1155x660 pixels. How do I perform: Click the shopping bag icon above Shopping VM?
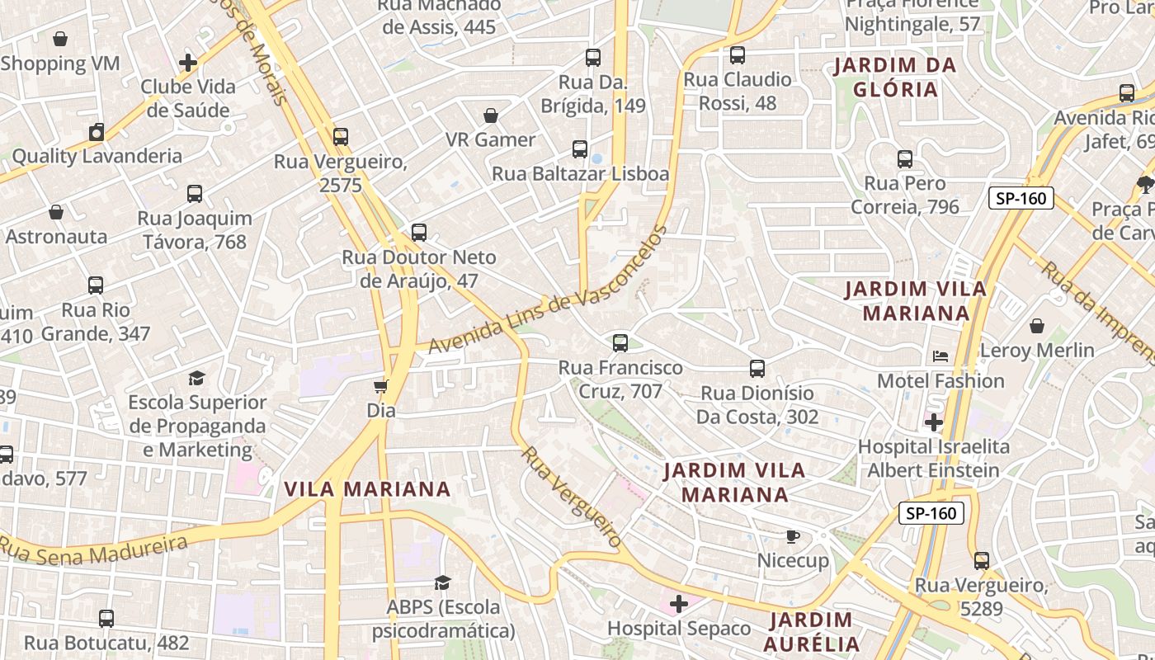coord(60,39)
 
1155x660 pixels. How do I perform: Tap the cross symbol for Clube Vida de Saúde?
coord(188,63)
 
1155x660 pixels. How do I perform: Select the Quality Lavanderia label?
coord(97,156)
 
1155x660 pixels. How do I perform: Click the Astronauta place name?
coord(56,237)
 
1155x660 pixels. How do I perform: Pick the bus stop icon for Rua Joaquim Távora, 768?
coord(195,194)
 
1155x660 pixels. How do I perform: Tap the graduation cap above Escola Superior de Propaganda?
coord(196,378)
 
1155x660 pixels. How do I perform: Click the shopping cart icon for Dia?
coord(381,386)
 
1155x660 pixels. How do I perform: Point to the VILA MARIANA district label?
coord(367,489)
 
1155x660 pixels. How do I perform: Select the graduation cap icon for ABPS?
coord(443,583)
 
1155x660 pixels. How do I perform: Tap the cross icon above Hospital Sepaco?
coord(679,605)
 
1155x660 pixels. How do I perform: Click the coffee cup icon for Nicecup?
coord(792,537)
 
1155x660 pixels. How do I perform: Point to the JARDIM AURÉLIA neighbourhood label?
coord(811,632)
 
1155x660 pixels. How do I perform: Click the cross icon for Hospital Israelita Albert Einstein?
coord(934,423)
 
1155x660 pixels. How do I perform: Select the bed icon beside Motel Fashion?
coord(940,356)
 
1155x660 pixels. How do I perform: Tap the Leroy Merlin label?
coord(1037,351)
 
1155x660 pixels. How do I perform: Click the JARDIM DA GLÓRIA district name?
coord(895,77)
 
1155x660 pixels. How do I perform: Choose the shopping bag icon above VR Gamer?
coord(491,115)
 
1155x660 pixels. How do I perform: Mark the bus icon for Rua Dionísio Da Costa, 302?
coord(757,369)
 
